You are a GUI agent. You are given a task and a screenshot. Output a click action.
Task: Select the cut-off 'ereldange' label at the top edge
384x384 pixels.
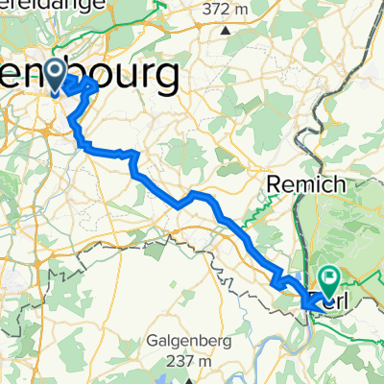click(x=36, y=5)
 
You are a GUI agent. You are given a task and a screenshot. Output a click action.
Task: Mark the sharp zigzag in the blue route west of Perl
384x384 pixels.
click(x=280, y=281)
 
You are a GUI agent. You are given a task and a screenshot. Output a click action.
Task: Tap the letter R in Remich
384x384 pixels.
click(x=272, y=181)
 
